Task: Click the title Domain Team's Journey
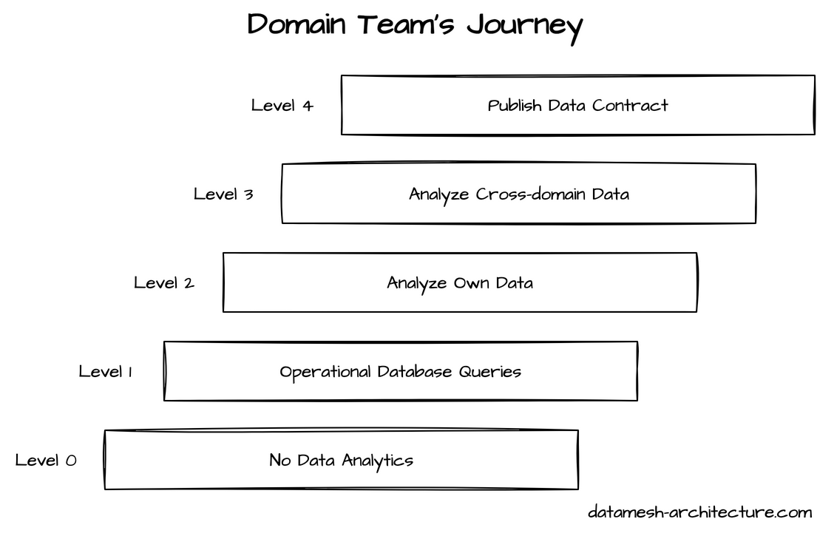pos(415,25)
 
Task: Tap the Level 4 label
pos(282,106)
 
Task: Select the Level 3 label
pos(223,194)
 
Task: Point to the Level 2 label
pos(163,283)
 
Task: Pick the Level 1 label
pos(105,372)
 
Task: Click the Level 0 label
pos(46,461)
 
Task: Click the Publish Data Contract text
pos(577,106)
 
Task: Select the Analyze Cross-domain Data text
pos(519,194)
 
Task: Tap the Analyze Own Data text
pos(460,283)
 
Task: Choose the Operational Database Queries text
pos(400,372)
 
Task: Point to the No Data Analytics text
pos(341,461)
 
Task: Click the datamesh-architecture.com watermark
pos(700,512)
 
